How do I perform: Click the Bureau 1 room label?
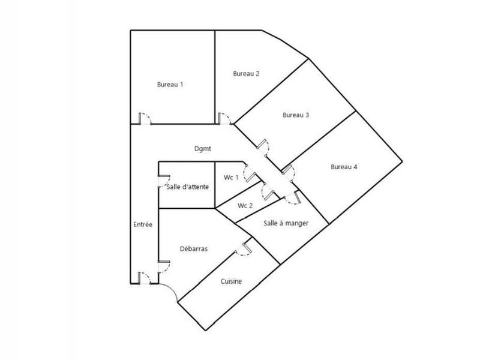click(x=170, y=85)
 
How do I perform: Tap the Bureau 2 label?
click(x=246, y=74)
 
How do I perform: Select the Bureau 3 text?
click(x=295, y=115)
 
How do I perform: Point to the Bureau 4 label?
click(x=344, y=167)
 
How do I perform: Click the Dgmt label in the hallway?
click(x=202, y=149)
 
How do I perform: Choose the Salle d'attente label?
click(x=187, y=187)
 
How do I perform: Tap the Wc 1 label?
click(x=231, y=178)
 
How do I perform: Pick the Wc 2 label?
click(x=245, y=206)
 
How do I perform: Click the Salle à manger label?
click(x=286, y=223)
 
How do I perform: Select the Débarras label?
click(x=194, y=248)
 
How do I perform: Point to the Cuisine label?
click(x=231, y=281)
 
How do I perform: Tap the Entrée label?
click(x=142, y=224)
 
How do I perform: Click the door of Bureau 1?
click(x=144, y=119)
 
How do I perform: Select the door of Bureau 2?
click(x=224, y=119)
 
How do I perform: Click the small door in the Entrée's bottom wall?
click(x=144, y=278)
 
